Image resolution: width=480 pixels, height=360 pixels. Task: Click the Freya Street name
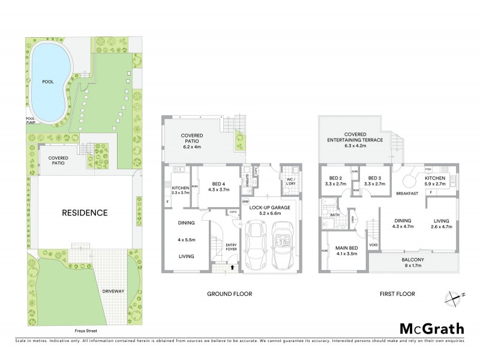(x=82, y=331)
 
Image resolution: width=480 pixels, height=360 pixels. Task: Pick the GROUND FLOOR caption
(x=229, y=294)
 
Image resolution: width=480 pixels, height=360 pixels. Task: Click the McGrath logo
(x=431, y=328)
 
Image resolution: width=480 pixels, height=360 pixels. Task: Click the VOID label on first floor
(x=373, y=245)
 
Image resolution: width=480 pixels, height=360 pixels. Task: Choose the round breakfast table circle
(x=410, y=180)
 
